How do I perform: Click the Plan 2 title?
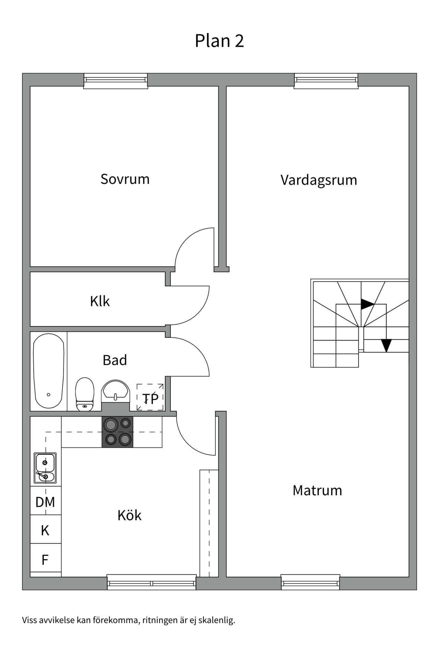(x=219, y=41)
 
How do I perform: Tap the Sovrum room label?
(x=125, y=179)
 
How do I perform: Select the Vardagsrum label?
(x=319, y=180)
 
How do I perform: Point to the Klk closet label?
(x=99, y=301)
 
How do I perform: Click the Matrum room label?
(x=317, y=490)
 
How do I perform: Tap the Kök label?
(x=129, y=516)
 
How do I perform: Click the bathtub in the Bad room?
(x=48, y=371)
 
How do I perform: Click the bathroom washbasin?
(x=115, y=391)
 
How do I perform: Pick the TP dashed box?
(x=150, y=397)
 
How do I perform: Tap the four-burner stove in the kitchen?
(x=117, y=432)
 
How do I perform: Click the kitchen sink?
(x=45, y=467)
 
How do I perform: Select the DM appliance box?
(x=45, y=502)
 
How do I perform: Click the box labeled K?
(x=45, y=531)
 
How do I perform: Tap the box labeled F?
(x=45, y=560)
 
